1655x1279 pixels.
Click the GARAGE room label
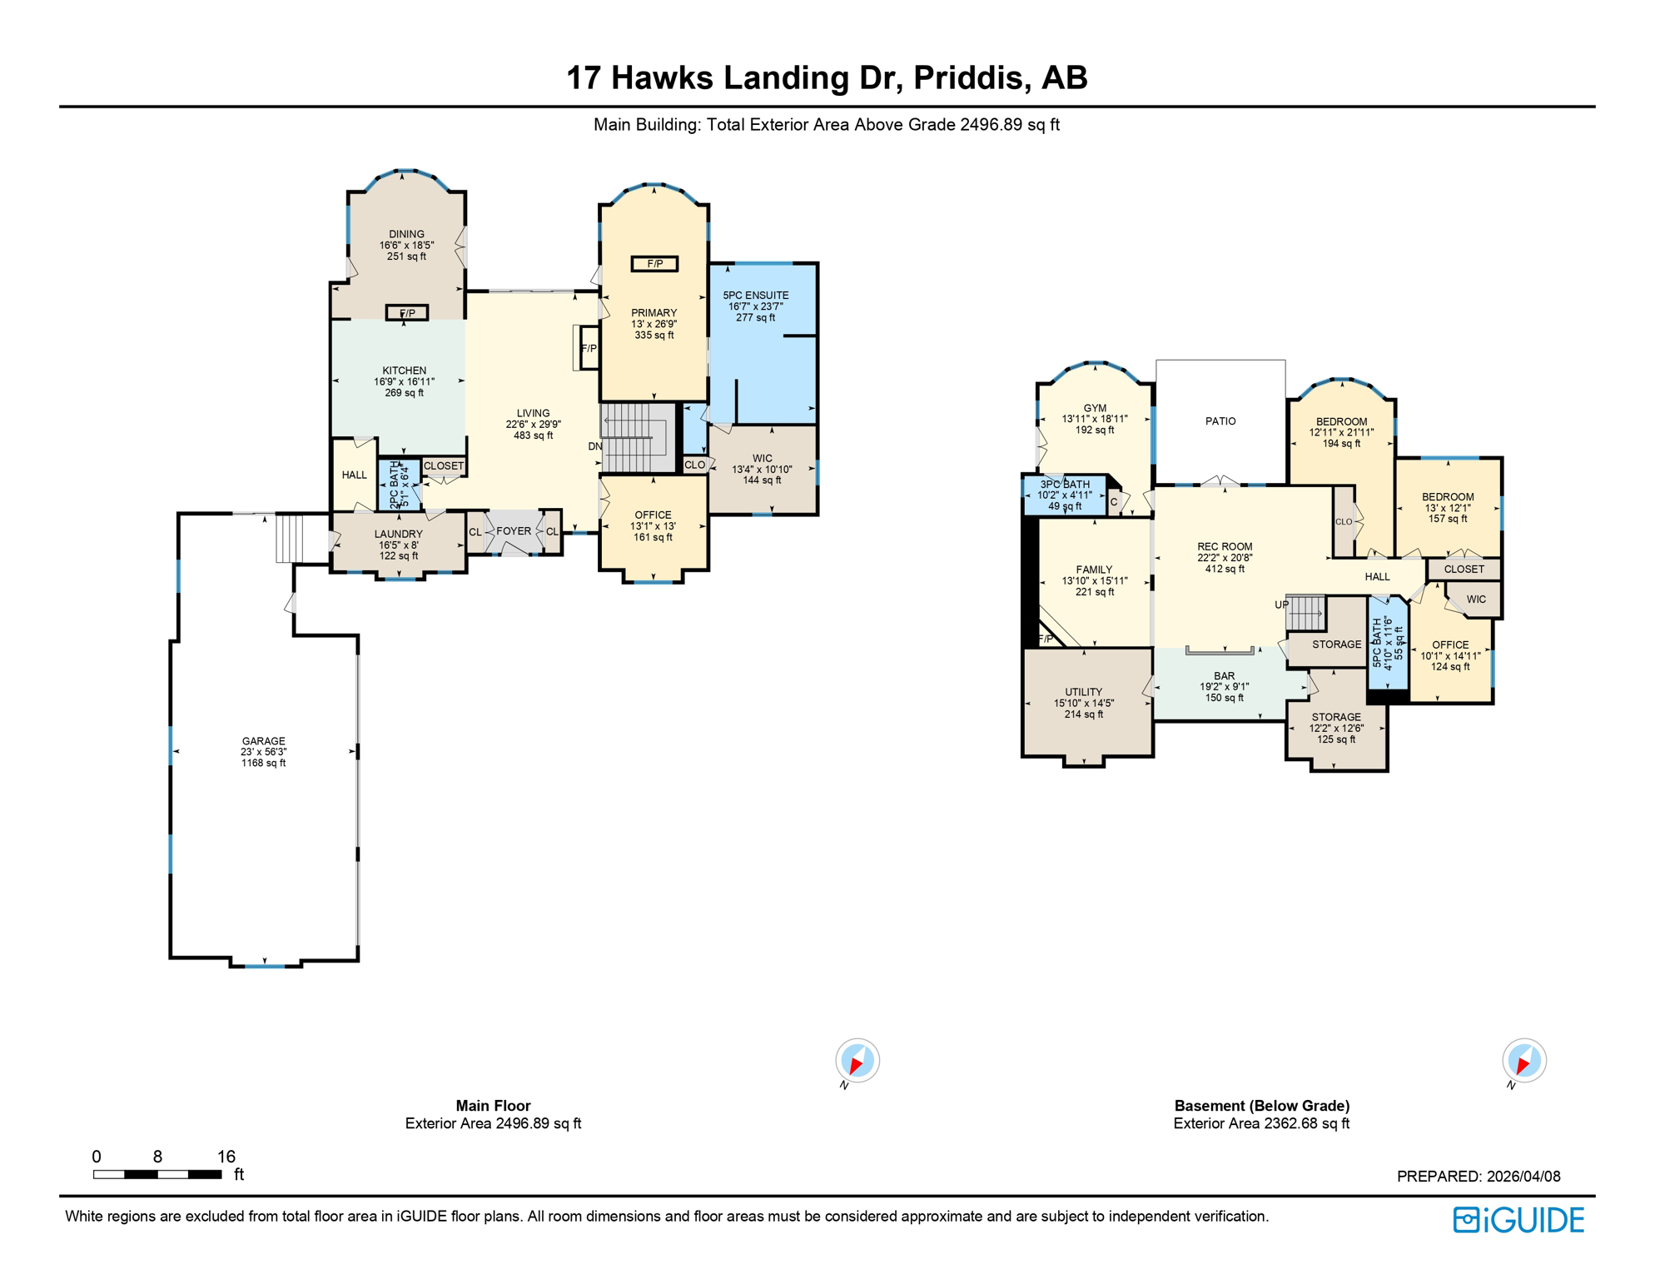(x=263, y=741)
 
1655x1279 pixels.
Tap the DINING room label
(x=406, y=235)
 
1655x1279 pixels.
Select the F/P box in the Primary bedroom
(x=654, y=264)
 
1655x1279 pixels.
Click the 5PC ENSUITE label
(x=755, y=296)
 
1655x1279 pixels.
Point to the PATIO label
(x=1220, y=421)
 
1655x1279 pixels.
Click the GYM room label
(x=1095, y=409)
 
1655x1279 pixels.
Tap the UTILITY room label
(x=1083, y=692)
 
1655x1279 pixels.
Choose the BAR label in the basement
(x=1224, y=676)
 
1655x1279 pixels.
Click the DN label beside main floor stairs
(x=594, y=447)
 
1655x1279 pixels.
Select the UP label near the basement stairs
(x=1280, y=605)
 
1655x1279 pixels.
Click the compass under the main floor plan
(x=857, y=1061)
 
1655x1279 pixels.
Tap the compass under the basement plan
(x=1523, y=1061)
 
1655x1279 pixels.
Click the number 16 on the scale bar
(x=226, y=1157)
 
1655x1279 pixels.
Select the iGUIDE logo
(x=1518, y=1220)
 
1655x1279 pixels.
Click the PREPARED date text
(x=1478, y=1177)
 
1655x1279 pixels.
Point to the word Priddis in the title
(x=968, y=77)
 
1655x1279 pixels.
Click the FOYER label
(x=514, y=531)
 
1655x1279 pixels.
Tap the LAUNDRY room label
(x=398, y=535)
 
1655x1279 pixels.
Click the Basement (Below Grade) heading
(x=1261, y=1106)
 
